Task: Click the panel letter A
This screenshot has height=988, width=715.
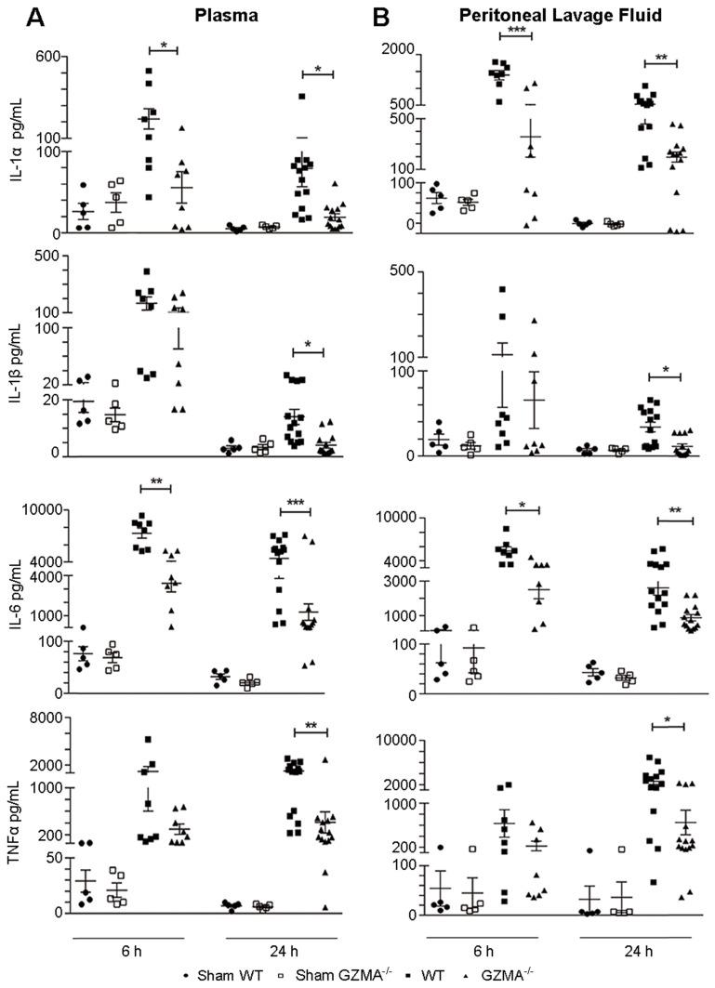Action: tap(16, 16)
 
